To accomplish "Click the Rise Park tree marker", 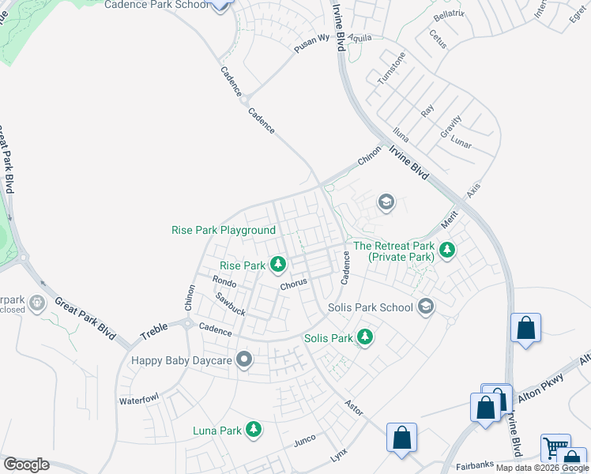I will tap(278, 263).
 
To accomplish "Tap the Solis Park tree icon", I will tap(364, 337).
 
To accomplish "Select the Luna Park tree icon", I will tap(254, 429).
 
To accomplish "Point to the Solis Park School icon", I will tap(426, 307).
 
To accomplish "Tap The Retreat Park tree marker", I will tap(448, 250).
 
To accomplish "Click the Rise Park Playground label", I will tap(224, 230).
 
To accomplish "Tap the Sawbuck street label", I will tap(230, 304).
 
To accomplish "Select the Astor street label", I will tap(353, 406).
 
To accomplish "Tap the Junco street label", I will tap(304, 439).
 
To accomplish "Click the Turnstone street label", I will tap(391, 69).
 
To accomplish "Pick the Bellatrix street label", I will tap(447, 16).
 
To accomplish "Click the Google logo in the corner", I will tap(26, 465).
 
